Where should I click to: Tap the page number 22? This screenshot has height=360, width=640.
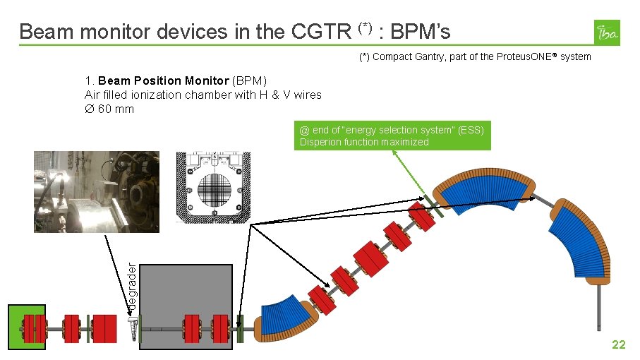point(618,344)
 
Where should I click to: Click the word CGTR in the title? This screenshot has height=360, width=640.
point(320,32)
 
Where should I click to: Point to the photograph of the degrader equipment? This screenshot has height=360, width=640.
point(97,191)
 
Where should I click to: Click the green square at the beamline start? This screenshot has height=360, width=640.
point(28,326)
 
